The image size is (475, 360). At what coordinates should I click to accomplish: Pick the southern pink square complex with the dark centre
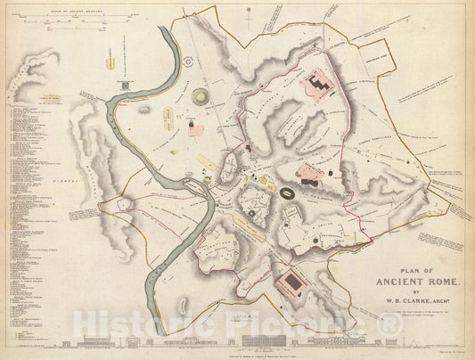[x=293, y=286]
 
